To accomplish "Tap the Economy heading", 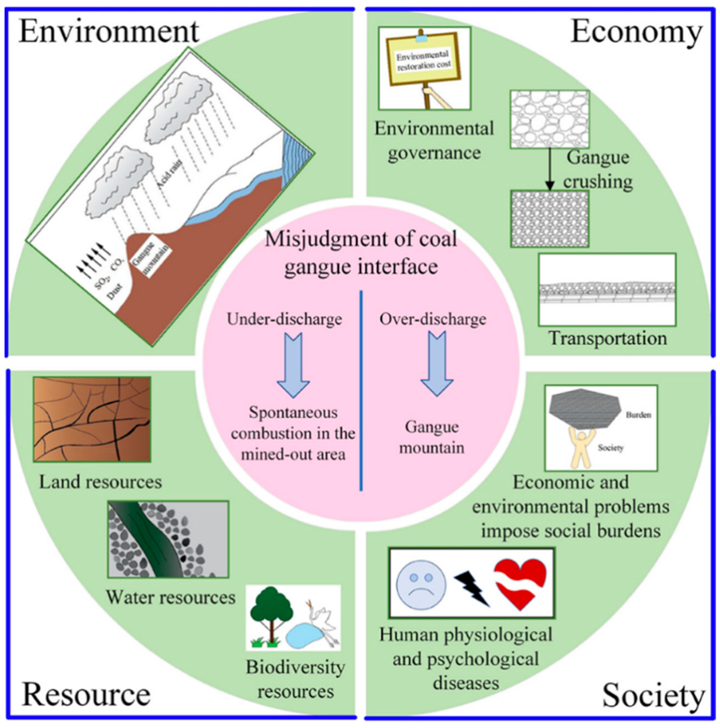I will [637, 33].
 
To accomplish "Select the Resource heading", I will [86, 694].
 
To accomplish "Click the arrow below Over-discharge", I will [437, 363].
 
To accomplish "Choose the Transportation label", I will [608, 338].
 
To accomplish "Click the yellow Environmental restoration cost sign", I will [423, 61].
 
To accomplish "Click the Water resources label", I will [170, 597].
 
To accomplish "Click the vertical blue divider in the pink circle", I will [361, 390].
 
